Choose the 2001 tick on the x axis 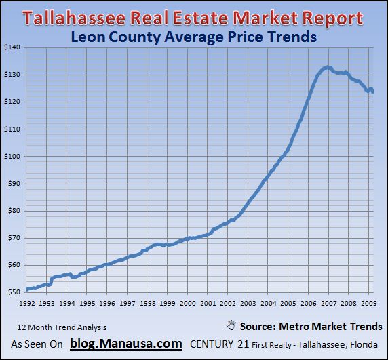coord(208,303)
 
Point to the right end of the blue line coord(372,92)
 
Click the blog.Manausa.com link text coord(125,344)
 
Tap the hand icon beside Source coord(231,326)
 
